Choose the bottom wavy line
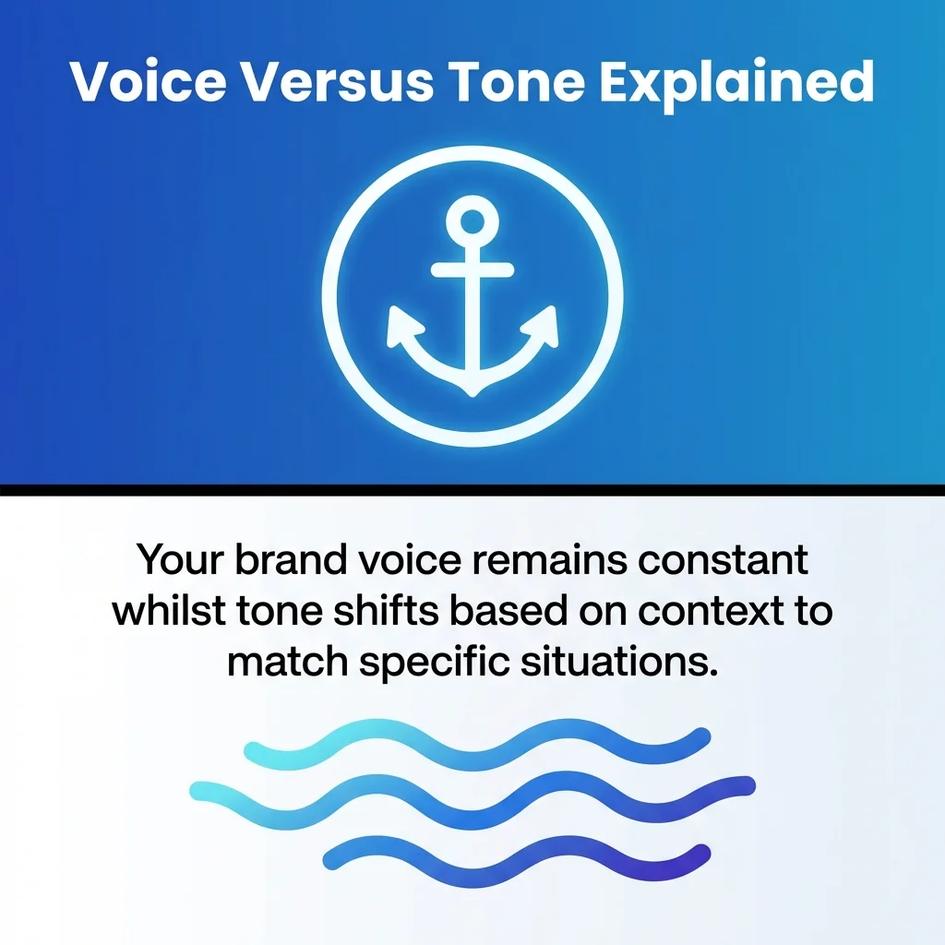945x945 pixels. point(517,854)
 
